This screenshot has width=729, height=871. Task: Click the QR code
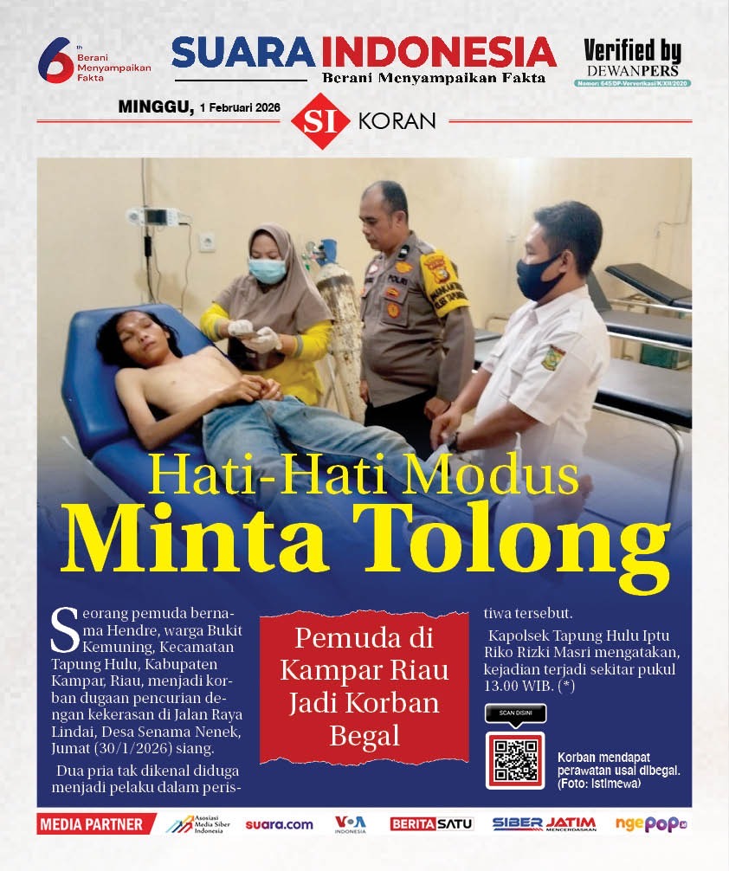(515, 759)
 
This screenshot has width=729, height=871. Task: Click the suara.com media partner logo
(279, 824)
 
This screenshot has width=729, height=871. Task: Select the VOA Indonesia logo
(351, 824)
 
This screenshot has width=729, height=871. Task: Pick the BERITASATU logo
(431, 824)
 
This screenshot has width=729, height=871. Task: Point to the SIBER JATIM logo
(544, 824)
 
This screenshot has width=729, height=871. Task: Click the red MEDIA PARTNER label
(90, 824)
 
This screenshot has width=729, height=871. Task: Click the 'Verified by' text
(632, 51)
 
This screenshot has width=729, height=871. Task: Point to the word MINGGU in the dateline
(155, 106)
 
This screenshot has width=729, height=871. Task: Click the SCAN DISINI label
(516, 713)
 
